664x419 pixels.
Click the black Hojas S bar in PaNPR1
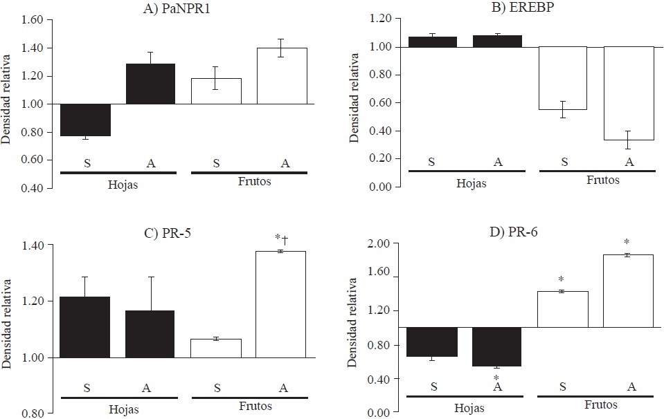(84, 120)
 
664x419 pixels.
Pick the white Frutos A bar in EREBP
(629, 93)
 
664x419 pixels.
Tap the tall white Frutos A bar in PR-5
(281, 304)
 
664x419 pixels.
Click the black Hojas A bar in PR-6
(496, 346)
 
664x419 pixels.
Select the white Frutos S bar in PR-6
(562, 309)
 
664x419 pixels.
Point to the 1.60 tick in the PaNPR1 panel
(33, 19)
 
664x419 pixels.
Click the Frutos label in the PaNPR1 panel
(249, 183)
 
